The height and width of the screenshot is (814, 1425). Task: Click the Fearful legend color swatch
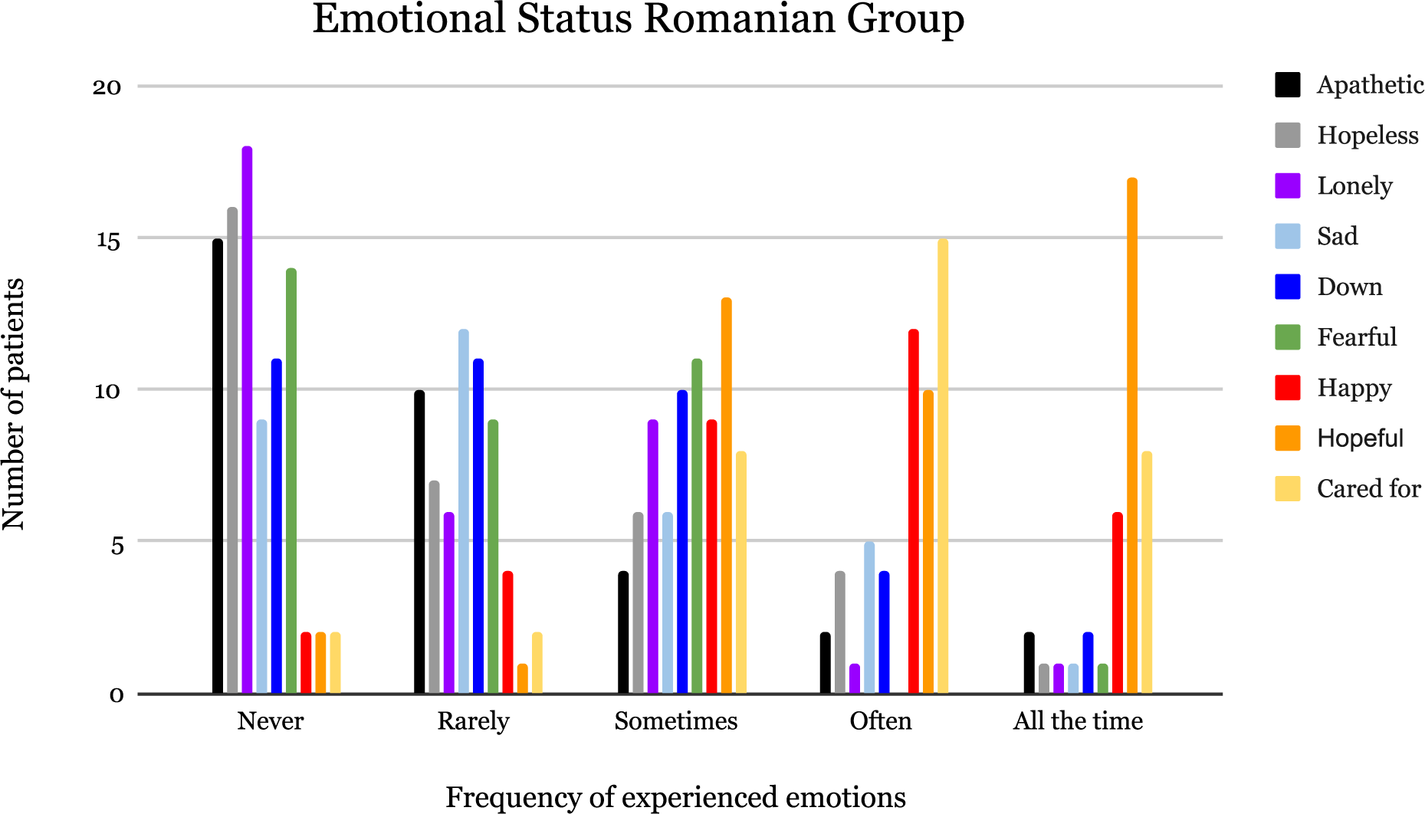click(1287, 337)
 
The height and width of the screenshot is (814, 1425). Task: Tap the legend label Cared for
click(1368, 488)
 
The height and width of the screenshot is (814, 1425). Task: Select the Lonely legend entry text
click(1354, 185)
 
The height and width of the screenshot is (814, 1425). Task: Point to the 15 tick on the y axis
click(108, 241)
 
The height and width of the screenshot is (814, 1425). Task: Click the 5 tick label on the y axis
click(117, 546)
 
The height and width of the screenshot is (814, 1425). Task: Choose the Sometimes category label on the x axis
click(675, 720)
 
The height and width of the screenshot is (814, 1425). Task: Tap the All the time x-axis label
click(1077, 720)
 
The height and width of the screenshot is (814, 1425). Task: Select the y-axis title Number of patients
click(14, 404)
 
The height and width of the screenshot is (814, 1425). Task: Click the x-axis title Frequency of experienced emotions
click(675, 797)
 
